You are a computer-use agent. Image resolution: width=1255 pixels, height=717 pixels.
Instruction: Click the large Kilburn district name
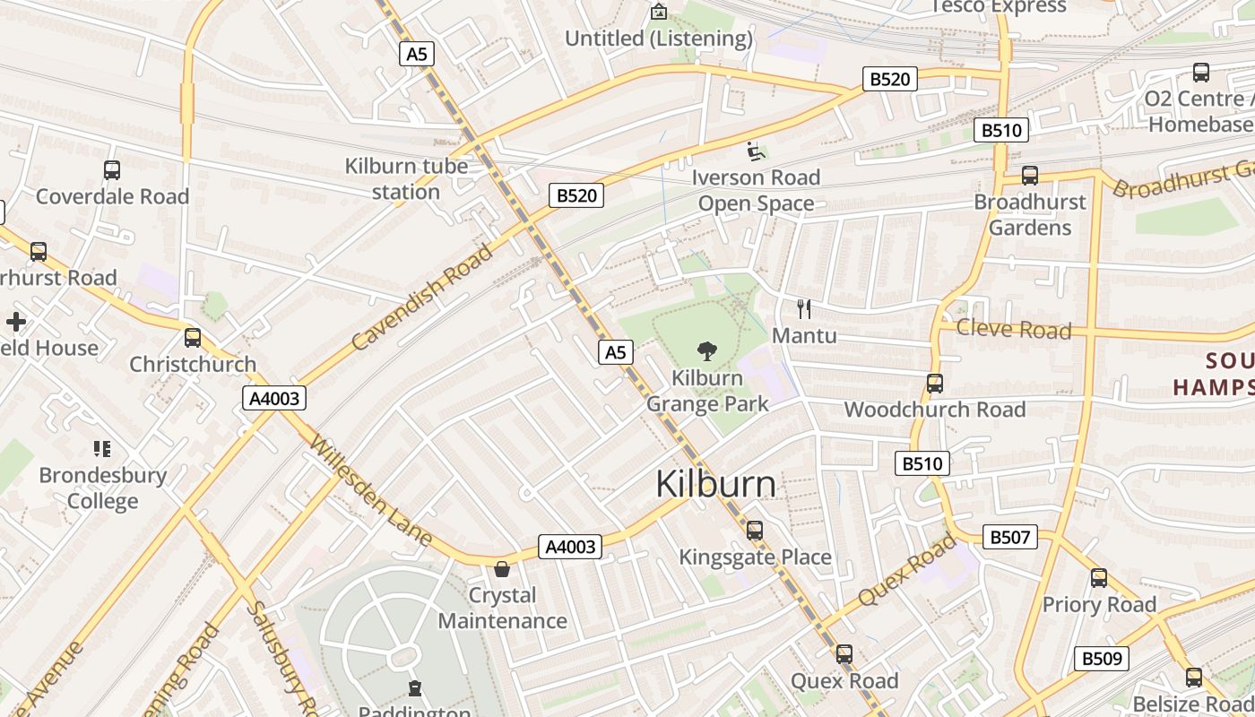pos(715,484)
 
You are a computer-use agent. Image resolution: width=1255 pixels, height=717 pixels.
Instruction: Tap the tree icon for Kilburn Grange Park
pos(706,351)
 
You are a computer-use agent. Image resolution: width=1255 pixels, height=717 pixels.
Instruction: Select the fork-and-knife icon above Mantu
pos(804,309)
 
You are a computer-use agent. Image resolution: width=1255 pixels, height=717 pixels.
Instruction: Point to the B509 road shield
pos(1101,659)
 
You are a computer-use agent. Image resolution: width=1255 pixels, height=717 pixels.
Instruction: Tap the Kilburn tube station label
pos(406,178)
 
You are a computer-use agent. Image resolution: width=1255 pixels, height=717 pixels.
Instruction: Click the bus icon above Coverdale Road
pos(112,170)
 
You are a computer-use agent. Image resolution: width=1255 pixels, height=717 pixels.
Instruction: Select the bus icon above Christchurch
pos(193,338)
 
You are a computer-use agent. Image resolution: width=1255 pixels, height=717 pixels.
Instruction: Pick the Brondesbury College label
pos(102,488)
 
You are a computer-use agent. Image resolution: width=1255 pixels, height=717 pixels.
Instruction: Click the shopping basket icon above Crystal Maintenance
pos(502,569)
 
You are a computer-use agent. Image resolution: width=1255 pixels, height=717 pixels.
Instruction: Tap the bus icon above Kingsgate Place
pos(755,531)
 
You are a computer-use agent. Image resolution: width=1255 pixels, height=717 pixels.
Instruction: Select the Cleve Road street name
pos(1014,329)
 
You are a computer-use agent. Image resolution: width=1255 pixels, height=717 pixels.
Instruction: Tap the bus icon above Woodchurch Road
pos(935,384)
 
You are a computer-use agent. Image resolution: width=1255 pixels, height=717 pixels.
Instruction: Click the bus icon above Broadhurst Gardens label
pos(1030,176)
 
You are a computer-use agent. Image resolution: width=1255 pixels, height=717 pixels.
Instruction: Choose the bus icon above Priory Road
pos(1099,578)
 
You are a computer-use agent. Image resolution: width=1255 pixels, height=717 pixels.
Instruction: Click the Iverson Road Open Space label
pos(756,190)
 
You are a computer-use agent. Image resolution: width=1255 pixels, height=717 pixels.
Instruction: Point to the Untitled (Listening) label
pos(658,39)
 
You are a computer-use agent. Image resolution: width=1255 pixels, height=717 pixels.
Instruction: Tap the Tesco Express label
pos(999,7)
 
